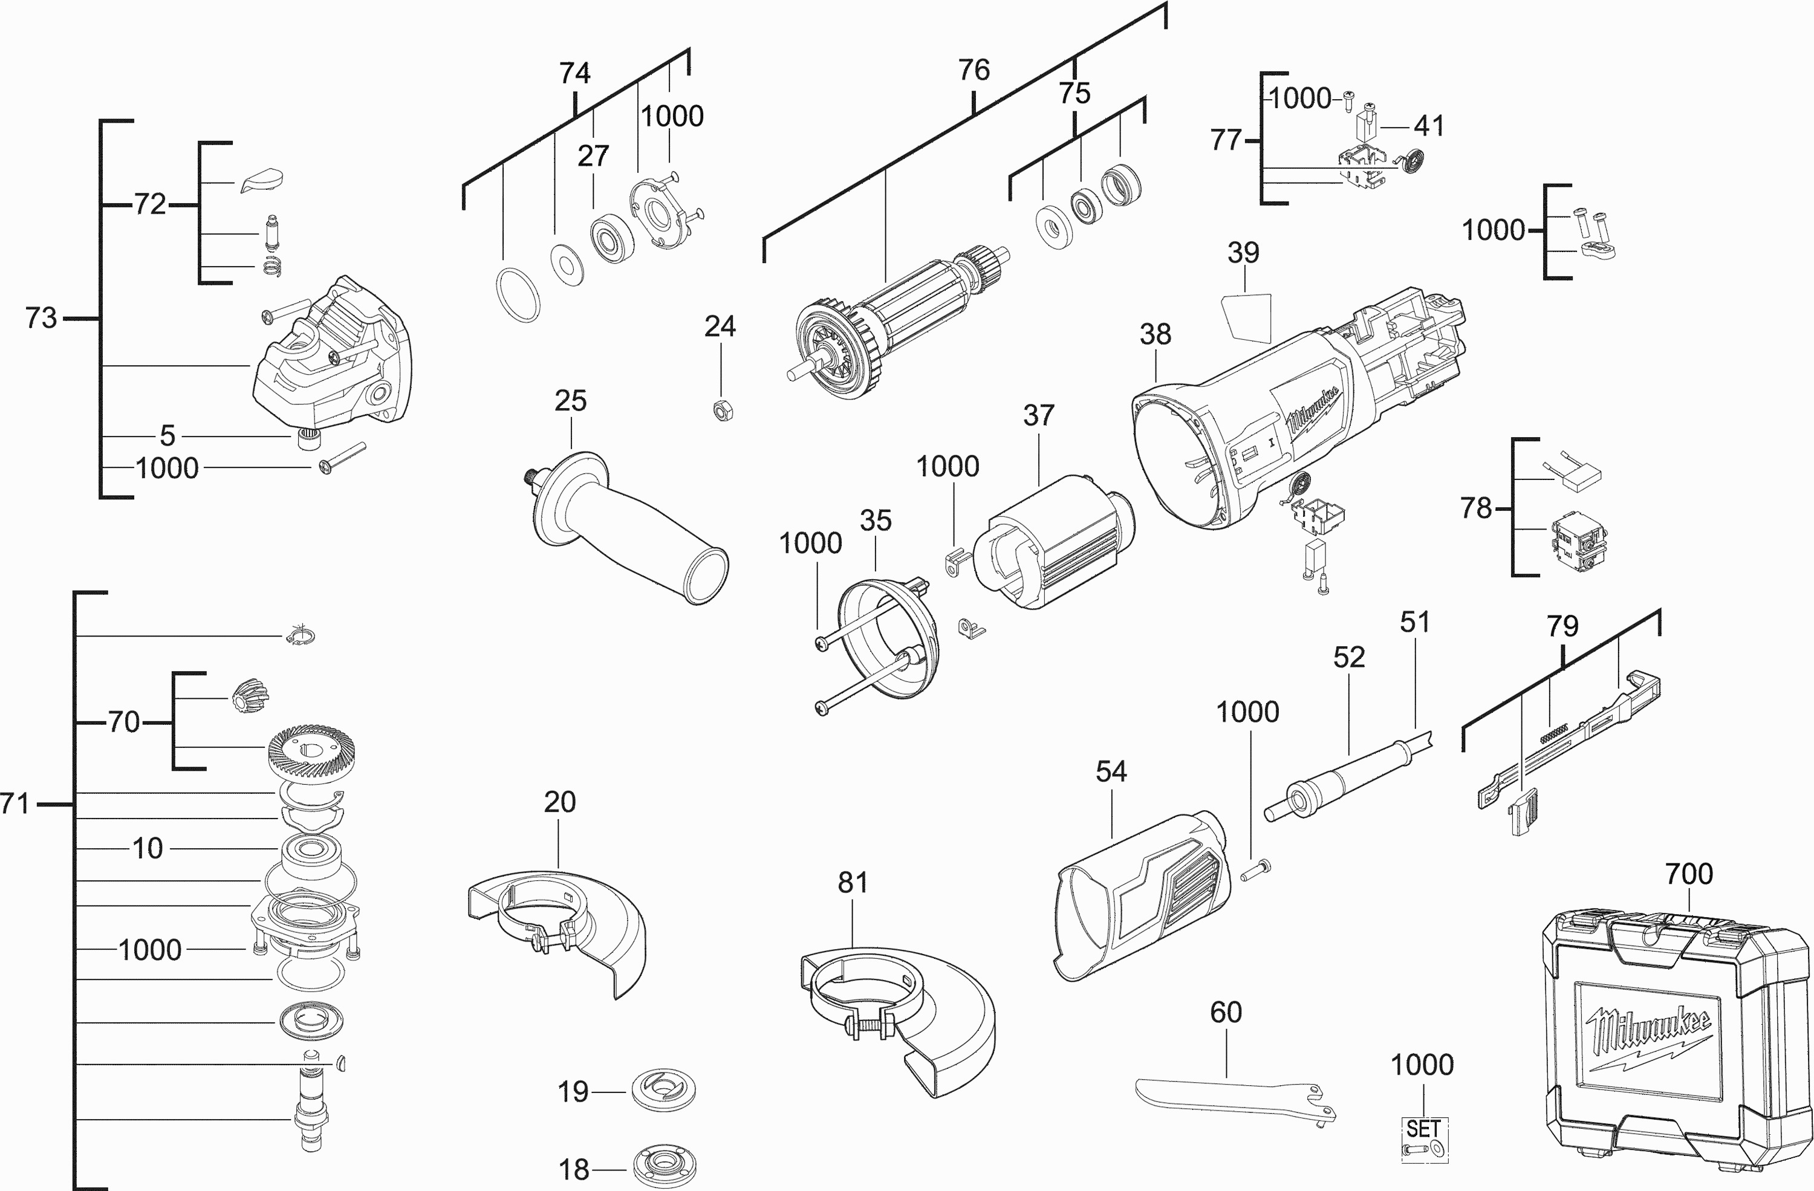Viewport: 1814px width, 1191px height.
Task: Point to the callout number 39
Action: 1243,253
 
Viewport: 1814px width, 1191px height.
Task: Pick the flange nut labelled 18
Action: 665,1165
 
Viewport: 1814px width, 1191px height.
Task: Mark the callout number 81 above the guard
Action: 853,883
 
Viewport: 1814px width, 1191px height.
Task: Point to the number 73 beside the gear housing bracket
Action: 41,318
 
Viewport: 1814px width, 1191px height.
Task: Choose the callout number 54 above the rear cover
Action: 1111,772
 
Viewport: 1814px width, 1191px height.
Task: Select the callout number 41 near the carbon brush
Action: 1429,126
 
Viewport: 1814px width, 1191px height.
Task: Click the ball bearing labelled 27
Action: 611,239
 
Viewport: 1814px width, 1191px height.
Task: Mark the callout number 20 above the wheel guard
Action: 559,802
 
